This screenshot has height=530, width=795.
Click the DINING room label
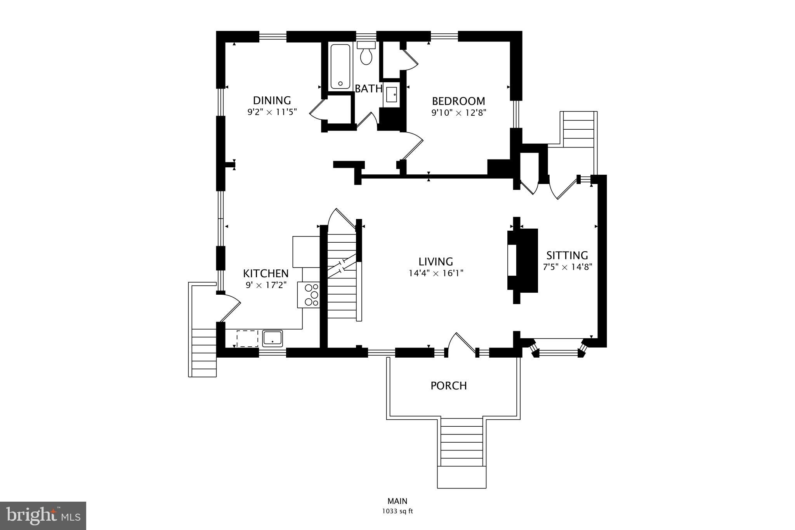tap(272, 101)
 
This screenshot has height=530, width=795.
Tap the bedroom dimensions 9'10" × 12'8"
tap(458, 113)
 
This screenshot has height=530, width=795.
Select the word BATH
tap(368, 89)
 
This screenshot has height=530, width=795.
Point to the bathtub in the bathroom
tap(340, 66)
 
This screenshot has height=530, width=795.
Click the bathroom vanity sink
tap(391, 94)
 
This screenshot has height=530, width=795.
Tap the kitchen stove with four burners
tap(309, 295)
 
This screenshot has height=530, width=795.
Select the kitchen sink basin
tap(273, 338)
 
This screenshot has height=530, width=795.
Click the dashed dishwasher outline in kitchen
tap(247, 338)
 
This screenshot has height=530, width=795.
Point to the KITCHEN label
tap(266, 273)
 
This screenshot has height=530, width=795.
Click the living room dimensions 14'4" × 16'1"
tap(436, 273)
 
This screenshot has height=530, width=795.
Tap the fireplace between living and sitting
tap(522, 260)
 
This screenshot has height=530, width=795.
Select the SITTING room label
tap(567, 255)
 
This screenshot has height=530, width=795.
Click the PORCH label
tap(448, 386)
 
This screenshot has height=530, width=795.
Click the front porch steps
tap(462, 447)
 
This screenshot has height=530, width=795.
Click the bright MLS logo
tap(43, 516)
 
